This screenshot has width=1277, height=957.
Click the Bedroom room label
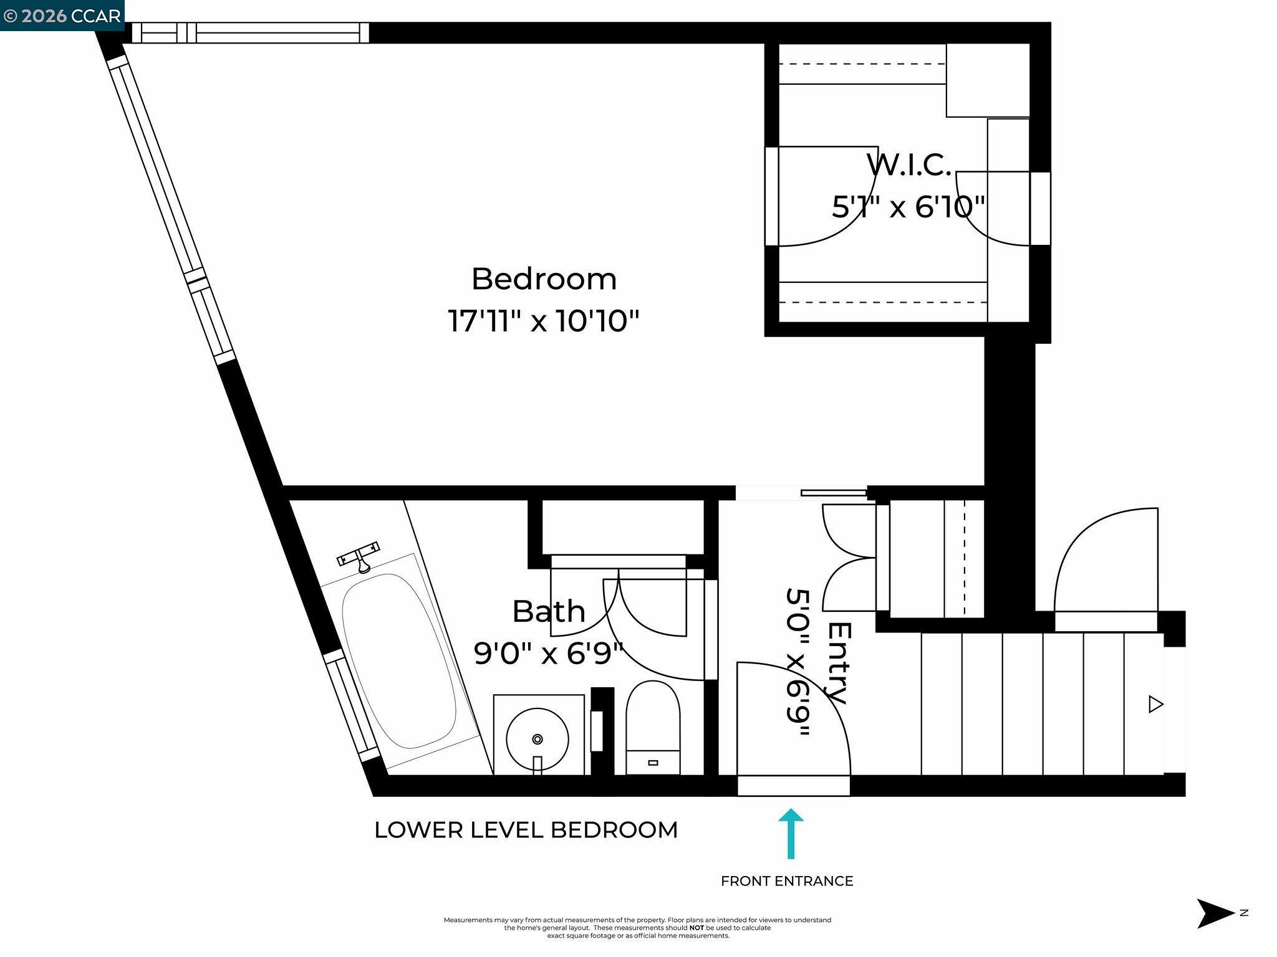click(x=544, y=279)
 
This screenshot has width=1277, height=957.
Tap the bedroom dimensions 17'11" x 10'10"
click(x=544, y=322)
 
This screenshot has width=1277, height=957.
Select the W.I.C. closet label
click(x=908, y=165)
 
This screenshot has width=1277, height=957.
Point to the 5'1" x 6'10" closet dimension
click(x=908, y=207)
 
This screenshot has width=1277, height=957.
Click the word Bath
click(x=549, y=612)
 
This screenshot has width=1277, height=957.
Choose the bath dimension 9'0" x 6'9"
click(x=549, y=654)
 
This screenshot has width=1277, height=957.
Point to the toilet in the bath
click(x=653, y=726)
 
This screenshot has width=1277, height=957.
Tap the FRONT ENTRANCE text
click(x=787, y=881)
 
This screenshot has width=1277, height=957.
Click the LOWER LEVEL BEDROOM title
click(x=526, y=830)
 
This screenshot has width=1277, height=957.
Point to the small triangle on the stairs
click(x=1156, y=705)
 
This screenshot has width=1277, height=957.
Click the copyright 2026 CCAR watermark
click(x=62, y=16)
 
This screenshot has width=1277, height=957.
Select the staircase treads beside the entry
click(x=1041, y=703)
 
